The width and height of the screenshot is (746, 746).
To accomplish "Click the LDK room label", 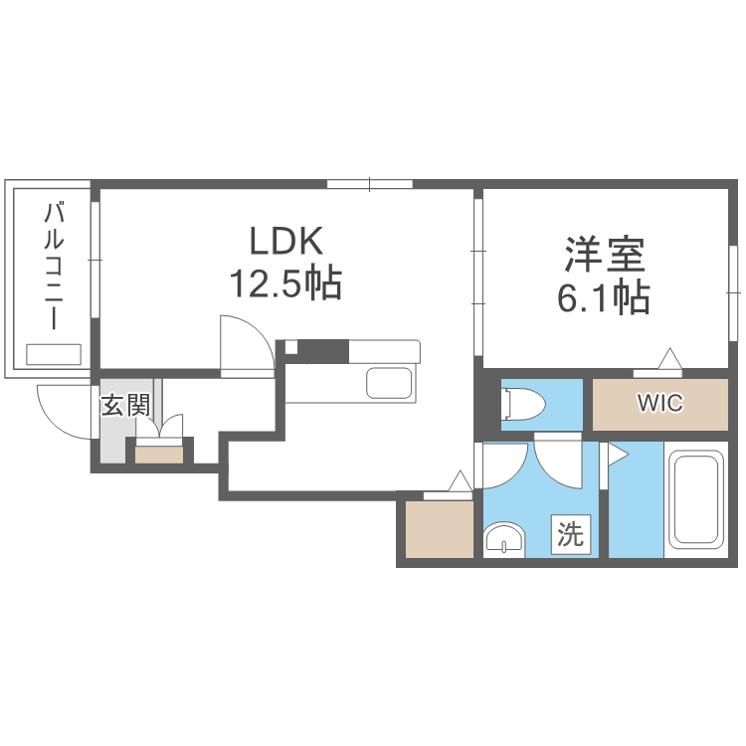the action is (285, 241).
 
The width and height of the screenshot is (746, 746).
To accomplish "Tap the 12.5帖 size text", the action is (285, 283).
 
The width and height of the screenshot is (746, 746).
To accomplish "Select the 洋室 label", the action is (605, 255).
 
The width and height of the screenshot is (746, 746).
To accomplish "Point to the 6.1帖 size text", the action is (604, 296).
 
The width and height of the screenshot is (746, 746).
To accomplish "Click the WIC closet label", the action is (659, 403).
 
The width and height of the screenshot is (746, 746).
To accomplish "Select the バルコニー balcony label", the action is (54, 266).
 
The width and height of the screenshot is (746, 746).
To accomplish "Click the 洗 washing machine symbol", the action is (571, 534).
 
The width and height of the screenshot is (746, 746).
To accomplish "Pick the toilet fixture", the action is (523, 404).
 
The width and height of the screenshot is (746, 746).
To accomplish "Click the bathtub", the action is (695, 499).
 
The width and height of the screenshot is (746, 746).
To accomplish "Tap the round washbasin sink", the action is (504, 540).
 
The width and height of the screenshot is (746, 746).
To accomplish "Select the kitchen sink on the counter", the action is (389, 383).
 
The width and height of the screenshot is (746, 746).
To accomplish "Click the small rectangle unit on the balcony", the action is (54, 354).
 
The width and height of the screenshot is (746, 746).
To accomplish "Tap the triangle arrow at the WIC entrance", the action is (669, 358).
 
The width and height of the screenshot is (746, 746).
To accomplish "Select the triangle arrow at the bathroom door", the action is (618, 456).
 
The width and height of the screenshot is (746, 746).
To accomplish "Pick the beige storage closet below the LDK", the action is (440, 529).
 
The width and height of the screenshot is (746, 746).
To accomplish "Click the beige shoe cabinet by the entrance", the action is (159, 455).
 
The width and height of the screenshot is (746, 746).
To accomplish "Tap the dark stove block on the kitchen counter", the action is (322, 351).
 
